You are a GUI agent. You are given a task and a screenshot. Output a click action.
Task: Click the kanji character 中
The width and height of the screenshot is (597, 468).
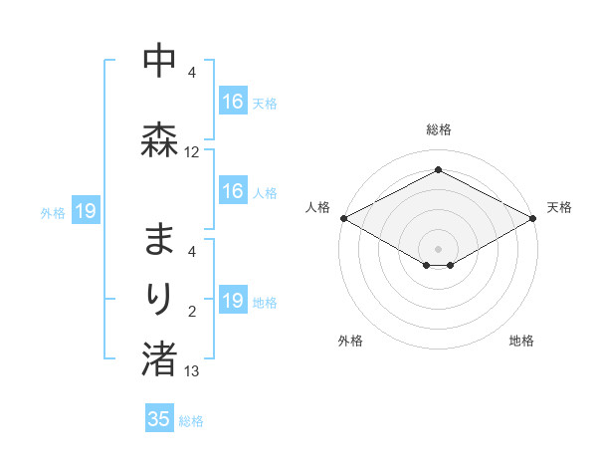(x=159, y=62)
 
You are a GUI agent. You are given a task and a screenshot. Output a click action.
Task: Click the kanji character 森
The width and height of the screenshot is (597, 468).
(x=159, y=139)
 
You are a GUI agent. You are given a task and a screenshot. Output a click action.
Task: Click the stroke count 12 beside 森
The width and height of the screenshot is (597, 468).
(x=192, y=152)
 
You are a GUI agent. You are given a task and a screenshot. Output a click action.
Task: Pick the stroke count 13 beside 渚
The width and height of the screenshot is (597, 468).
(x=192, y=371)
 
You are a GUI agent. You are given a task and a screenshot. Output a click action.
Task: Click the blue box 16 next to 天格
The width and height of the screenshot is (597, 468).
(x=233, y=102)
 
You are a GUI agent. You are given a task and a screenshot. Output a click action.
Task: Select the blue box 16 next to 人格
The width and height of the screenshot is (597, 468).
(x=233, y=191)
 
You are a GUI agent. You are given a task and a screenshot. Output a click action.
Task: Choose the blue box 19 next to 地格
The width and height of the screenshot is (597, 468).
(x=233, y=301)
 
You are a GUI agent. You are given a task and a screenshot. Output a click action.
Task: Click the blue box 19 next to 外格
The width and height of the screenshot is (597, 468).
(x=85, y=211)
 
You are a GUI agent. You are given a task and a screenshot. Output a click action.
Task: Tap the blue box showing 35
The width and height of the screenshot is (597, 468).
(x=159, y=418)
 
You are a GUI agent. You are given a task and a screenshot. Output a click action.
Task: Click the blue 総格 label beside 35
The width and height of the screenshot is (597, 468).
(x=191, y=421)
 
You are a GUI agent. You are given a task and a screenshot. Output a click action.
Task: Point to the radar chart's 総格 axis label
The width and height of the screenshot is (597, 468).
(x=439, y=129)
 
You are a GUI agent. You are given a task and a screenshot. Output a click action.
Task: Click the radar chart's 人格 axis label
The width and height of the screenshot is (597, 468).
(x=318, y=207)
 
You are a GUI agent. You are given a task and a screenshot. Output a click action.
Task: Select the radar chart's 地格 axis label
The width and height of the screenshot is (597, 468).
(x=521, y=341)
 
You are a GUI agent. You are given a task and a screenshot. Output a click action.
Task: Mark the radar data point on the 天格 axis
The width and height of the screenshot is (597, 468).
(x=534, y=218)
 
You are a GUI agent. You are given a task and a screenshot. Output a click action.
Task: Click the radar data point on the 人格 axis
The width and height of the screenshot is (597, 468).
(x=342, y=218)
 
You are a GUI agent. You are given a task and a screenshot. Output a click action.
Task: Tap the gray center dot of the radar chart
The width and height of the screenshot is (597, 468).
(x=438, y=247)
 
